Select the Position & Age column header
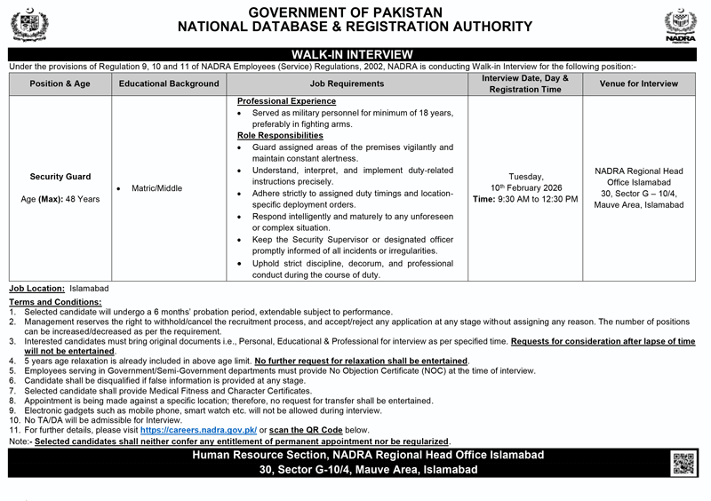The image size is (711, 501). [59, 83]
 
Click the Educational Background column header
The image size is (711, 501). [168, 83]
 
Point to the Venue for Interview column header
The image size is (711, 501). [638, 83]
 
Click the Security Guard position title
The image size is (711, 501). [60, 177]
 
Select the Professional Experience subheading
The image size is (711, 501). [280, 102]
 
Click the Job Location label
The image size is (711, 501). [37, 290]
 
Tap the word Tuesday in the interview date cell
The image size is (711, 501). [525, 177]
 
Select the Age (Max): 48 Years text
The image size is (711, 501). [60, 199]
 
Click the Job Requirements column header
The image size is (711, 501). [347, 83]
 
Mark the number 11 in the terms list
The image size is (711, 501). [14, 430]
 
